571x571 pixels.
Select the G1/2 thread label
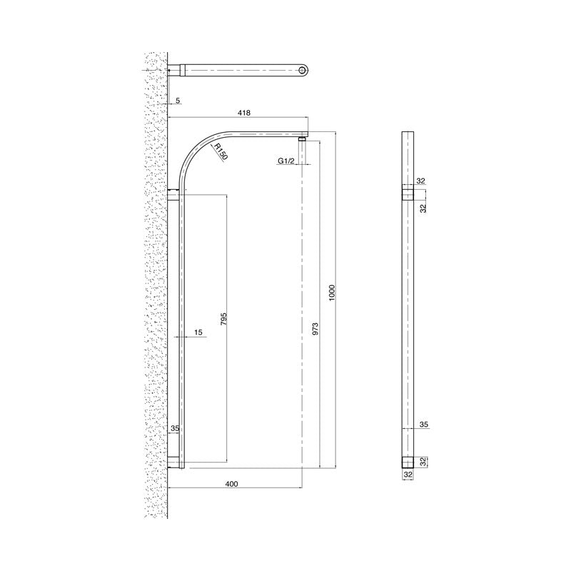[287, 162]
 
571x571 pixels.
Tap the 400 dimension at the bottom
[231, 485]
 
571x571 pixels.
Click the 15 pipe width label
[198, 332]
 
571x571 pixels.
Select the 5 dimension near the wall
[177, 101]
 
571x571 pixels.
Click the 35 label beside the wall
[175, 429]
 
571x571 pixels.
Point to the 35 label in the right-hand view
[423, 424]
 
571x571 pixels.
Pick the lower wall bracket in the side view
[175, 462]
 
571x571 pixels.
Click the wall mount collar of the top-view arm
[177, 69]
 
